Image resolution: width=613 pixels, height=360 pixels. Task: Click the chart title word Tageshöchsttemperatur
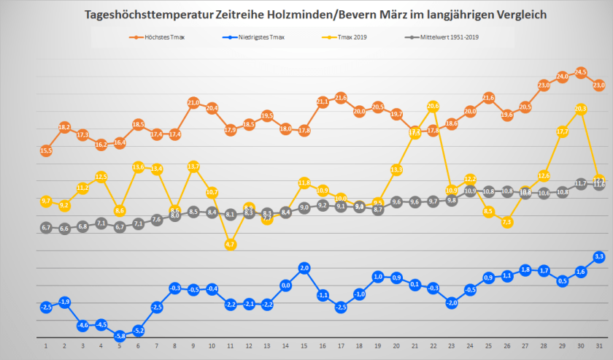(144, 15)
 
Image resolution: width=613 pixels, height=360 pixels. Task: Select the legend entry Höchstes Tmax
(161, 37)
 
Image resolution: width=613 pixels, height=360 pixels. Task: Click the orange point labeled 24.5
(581, 72)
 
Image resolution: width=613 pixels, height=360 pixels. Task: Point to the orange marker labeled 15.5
(46, 150)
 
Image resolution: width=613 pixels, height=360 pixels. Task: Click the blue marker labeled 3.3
(599, 256)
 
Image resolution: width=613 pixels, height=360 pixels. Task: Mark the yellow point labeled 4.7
(231, 245)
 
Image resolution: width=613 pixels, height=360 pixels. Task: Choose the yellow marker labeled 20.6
(433, 106)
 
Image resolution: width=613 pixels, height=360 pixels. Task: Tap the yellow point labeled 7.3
(506, 222)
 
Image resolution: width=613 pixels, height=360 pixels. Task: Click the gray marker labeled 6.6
(64, 229)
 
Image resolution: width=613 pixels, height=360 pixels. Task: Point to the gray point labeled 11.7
(581, 183)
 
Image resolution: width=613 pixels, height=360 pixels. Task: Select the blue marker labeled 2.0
(304, 268)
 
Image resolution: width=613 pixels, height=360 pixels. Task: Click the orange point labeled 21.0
(193, 102)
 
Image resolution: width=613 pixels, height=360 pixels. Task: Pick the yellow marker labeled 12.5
(101, 177)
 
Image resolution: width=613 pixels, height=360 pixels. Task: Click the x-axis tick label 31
(599, 346)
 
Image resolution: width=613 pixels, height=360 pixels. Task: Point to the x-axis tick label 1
(46, 346)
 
